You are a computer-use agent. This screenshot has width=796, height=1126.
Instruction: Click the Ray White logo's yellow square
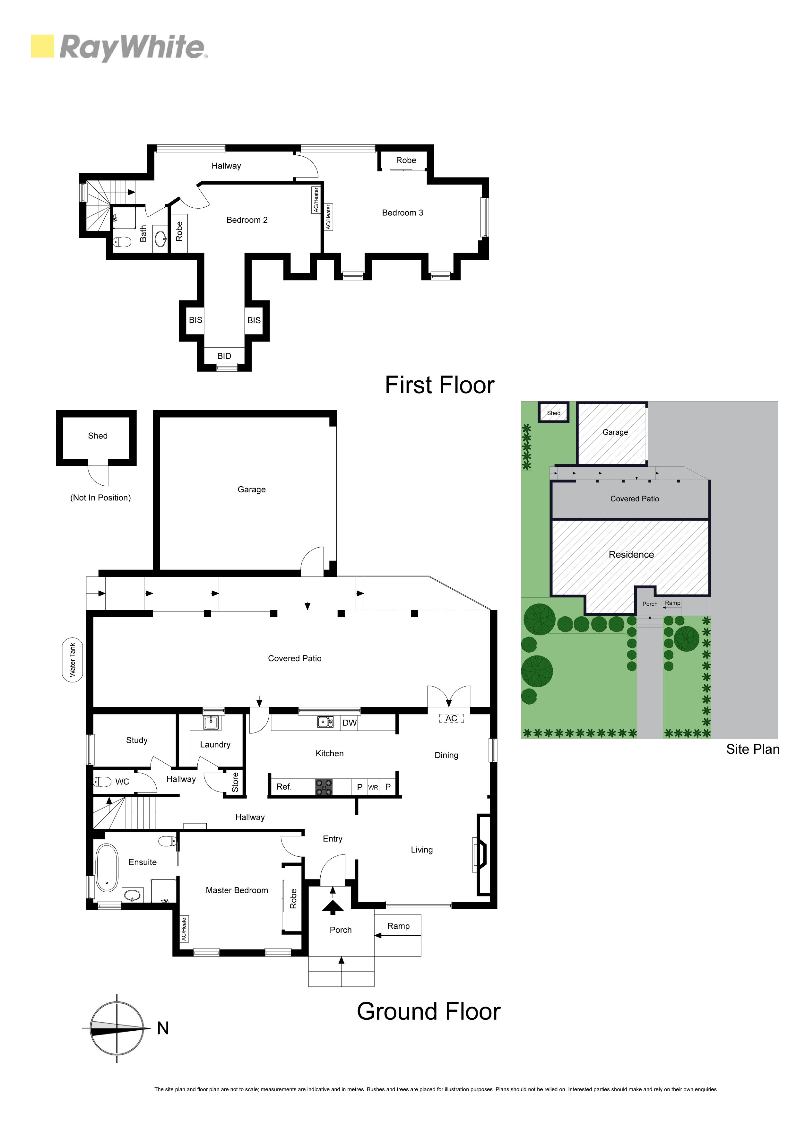coord(42,46)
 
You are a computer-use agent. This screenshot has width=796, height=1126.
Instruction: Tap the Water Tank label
coord(73,660)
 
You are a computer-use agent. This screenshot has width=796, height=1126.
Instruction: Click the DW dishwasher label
coord(349,723)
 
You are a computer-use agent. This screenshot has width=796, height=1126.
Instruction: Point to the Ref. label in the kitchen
coord(284,787)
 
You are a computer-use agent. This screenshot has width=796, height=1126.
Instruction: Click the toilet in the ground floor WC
coord(102,782)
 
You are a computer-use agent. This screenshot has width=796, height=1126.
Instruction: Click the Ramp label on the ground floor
coord(398,926)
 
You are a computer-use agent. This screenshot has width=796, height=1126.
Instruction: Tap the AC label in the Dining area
coord(451,718)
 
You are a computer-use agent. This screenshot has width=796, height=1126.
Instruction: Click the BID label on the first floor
coord(224,356)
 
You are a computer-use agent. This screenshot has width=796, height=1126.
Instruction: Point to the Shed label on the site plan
coord(554,413)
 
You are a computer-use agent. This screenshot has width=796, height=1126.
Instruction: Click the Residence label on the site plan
coord(631,555)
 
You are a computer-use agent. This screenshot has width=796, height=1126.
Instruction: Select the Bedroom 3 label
coord(403,212)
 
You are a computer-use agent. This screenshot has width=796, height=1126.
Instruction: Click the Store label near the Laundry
coord(235,782)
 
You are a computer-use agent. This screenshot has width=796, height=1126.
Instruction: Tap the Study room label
coord(137,740)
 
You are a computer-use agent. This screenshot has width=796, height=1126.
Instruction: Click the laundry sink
coord(212,722)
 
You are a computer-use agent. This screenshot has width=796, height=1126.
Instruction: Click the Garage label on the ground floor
coord(252,489)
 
